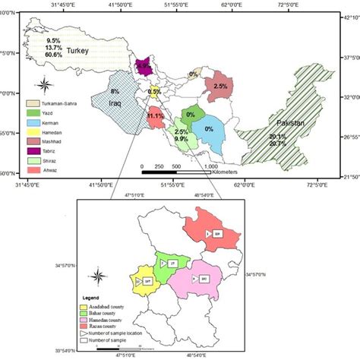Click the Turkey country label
[x=77, y=50]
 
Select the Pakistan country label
[x=290, y=122]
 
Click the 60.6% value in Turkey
[x=53, y=55]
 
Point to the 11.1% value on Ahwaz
[x=156, y=115]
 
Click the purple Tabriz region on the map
[x=144, y=68]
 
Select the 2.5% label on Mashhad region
[x=220, y=87]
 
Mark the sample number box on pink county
[x=204, y=279]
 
